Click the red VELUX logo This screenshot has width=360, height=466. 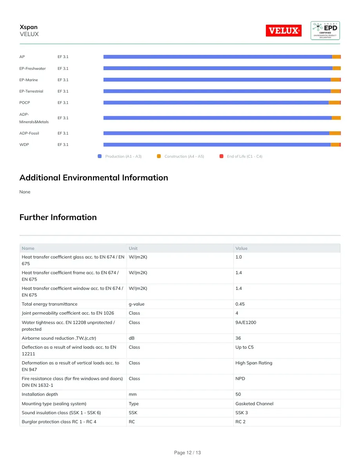click(x=284, y=30)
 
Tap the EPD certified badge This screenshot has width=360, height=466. click(x=325, y=30)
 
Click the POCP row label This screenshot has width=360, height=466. click(x=25, y=102)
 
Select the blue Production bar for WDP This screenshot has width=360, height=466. click(x=217, y=145)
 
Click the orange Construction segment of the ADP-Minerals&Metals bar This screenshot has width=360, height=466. click(x=336, y=118)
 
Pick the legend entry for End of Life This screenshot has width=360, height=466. click(x=241, y=157)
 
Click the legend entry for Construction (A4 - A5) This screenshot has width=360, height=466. click(x=181, y=157)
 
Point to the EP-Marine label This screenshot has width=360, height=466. click(x=29, y=80)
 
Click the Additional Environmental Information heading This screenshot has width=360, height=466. click(x=94, y=177)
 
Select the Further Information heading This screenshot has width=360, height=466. click(x=58, y=217)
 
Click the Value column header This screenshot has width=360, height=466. click(x=242, y=248)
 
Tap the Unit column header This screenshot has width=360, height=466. click(x=133, y=248)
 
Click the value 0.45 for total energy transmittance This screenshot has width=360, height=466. click(x=240, y=304)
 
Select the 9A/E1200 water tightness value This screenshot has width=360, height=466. click(x=245, y=322)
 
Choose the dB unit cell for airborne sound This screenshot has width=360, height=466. click(x=132, y=338)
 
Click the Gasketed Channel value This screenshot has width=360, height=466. click(x=254, y=404)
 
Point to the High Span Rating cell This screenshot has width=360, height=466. click(x=254, y=363)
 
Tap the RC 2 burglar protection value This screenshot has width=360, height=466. click(x=240, y=422)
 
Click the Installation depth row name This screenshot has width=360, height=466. click(x=40, y=394)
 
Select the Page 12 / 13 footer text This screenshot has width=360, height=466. click(x=187, y=453)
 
